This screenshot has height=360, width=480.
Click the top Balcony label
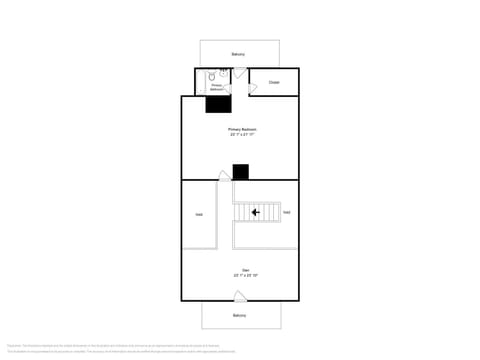[238, 54]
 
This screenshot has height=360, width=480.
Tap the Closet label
[274, 82]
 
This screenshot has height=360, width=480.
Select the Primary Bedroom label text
[240, 130]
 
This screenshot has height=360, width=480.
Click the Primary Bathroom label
[216, 87]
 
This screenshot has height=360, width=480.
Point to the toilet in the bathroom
[213, 76]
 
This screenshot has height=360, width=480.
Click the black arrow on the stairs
[256, 212]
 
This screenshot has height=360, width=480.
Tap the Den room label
[239, 270]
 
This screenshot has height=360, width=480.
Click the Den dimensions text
[240, 275]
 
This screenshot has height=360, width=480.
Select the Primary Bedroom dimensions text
[240, 135]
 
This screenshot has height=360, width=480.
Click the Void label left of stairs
[200, 214]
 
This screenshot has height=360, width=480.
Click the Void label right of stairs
[286, 212]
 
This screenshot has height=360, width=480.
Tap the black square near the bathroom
[219, 104]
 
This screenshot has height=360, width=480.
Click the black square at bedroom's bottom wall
[240, 172]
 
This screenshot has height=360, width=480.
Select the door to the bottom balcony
[240, 296]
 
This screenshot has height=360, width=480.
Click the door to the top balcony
[224, 70]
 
